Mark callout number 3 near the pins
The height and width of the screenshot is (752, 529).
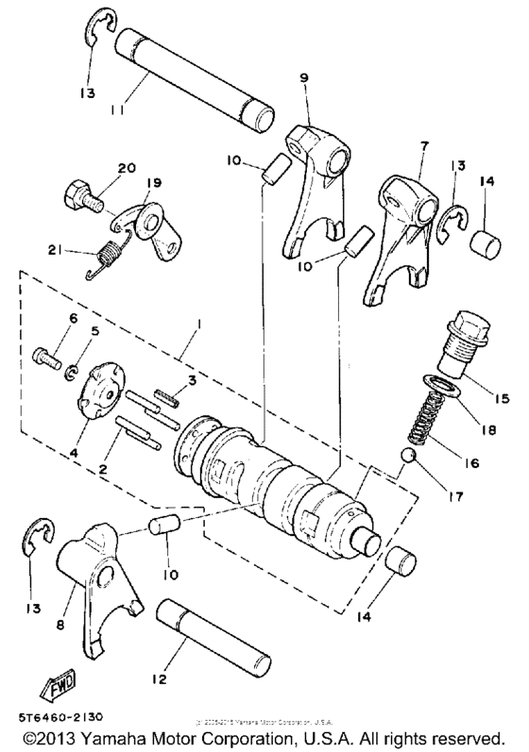coord(192,380)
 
